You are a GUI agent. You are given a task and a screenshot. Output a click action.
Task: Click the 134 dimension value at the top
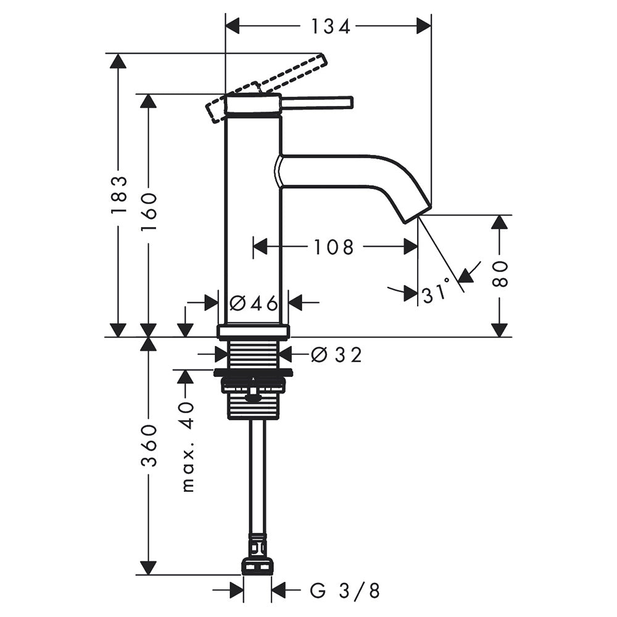(x=331, y=27)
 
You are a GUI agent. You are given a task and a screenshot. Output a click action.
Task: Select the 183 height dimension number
(x=119, y=194)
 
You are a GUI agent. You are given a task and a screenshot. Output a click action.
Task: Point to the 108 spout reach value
(x=334, y=247)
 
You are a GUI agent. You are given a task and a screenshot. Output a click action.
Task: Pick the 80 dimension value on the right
(x=500, y=273)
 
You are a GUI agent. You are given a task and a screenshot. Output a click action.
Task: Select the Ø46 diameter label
(x=254, y=303)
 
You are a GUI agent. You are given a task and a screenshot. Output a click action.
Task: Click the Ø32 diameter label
(x=336, y=355)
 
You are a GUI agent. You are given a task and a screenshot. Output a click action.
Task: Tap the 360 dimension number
(x=149, y=445)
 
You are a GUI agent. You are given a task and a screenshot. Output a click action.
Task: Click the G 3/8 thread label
(x=345, y=590)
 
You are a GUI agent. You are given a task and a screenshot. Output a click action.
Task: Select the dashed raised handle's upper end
(x=324, y=59)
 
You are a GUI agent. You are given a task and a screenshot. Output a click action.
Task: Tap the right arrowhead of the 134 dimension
(x=424, y=27)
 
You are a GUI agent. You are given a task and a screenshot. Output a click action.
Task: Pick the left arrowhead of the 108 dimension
(x=260, y=247)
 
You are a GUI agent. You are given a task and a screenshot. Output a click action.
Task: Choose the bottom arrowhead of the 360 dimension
(x=149, y=567)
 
